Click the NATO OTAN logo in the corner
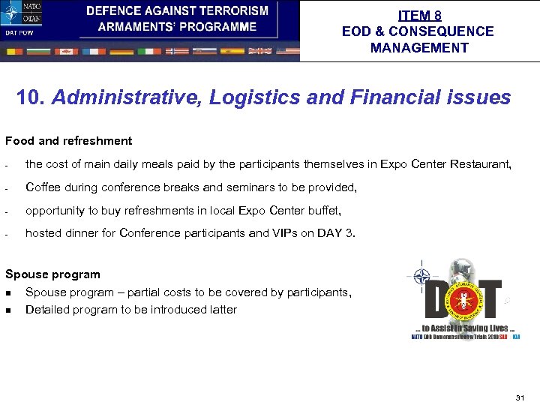tap(21, 13)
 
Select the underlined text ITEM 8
tap(419, 15)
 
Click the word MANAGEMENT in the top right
tap(419, 48)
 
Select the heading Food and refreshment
tap(68, 141)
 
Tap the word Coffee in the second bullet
tap(43, 187)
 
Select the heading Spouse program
tap(52, 274)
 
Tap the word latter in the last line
tap(223, 310)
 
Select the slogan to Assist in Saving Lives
tap(464, 328)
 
